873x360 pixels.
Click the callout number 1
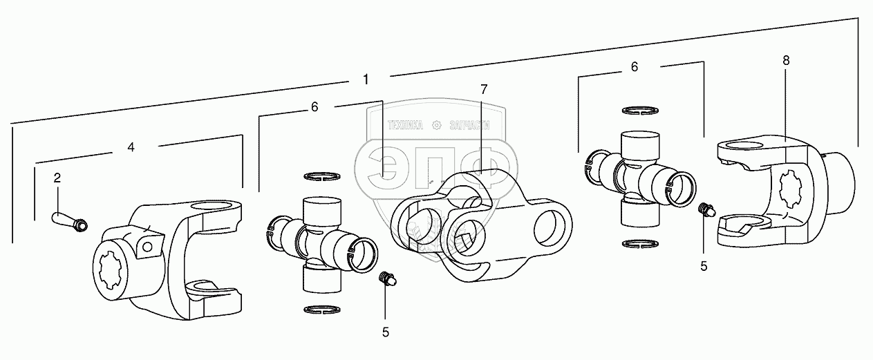coord(365,79)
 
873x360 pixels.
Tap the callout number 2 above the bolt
coord(57,178)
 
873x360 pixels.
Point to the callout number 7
coord(484,88)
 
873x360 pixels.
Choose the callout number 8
coord(786,60)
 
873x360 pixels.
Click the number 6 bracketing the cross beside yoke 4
coord(315,107)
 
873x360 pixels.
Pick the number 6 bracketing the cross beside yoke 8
coord(634,67)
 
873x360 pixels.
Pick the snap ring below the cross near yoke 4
coord(322,308)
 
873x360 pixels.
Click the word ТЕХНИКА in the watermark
coord(405,126)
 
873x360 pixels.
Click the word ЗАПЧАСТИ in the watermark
coord(468,126)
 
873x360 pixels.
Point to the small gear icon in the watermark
coord(436,125)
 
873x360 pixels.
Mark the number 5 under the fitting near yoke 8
coord(704,266)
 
